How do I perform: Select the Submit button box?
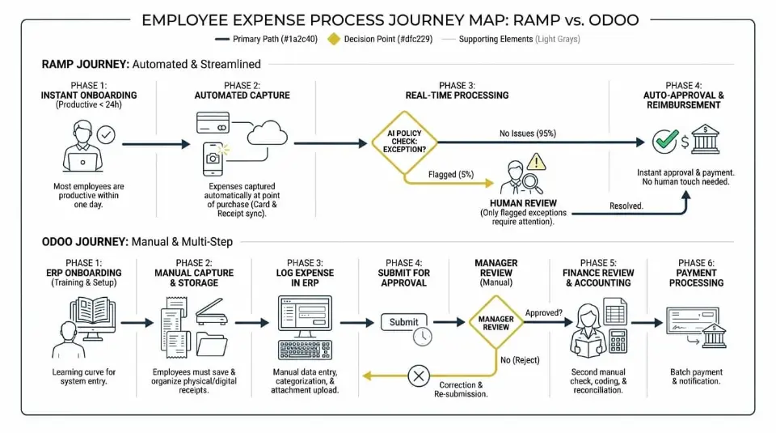click(x=403, y=322)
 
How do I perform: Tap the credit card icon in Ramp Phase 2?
click(x=214, y=123)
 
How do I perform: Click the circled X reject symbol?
click(x=418, y=376)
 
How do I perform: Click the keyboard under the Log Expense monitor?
click(x=305, y=349)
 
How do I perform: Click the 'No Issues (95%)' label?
click(x=528, y=133)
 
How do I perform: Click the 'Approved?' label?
click(x=544, y=312)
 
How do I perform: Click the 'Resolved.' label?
click(x=626, y=206)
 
